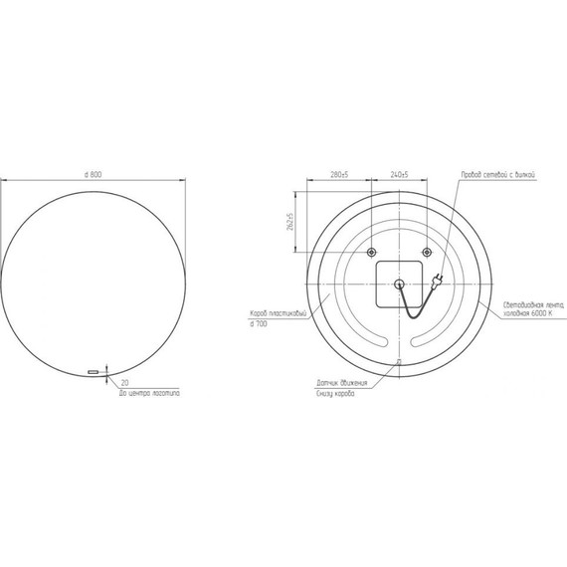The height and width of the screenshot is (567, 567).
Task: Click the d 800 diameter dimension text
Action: coord(94,174)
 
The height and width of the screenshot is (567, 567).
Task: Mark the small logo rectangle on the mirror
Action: coord(94,372)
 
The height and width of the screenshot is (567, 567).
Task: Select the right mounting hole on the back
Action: coord(427,250)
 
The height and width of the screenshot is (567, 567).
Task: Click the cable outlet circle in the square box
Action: coord(399,284)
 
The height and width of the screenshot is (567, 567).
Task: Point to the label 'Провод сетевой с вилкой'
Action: coord(497,174)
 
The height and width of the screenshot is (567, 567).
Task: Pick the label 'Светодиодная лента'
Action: coord(527,303)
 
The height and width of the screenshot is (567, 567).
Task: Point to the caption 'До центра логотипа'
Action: coord(150,394)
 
